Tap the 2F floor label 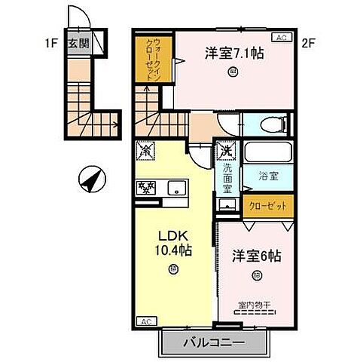pos(307,43)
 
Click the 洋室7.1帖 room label pos(233,54)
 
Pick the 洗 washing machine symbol pos(225,150)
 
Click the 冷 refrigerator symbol pos(144,150)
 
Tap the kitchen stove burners pos(146,187)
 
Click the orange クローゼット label pos(264,204)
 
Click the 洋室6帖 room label pos(256,256)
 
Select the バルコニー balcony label pos(216,341)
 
